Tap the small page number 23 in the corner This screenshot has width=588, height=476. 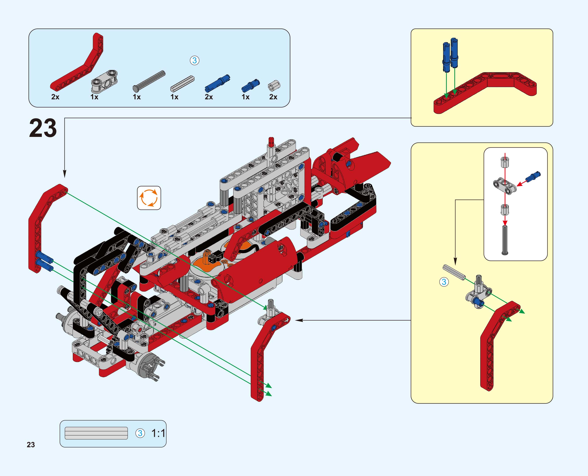pos(31,445)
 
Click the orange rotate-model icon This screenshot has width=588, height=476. pos(149,198)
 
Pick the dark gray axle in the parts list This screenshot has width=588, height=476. pos(149,81)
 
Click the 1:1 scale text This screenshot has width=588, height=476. pos(158,433)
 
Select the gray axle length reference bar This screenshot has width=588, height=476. pos(96,433)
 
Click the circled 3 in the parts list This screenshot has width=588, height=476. pos(195,61)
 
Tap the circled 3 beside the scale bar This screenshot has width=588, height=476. pos(140,433)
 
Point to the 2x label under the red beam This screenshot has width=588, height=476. pos(55,97)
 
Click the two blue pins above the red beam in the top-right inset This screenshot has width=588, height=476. pos(450,55)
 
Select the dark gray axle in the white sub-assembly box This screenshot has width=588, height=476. pos(505,240)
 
